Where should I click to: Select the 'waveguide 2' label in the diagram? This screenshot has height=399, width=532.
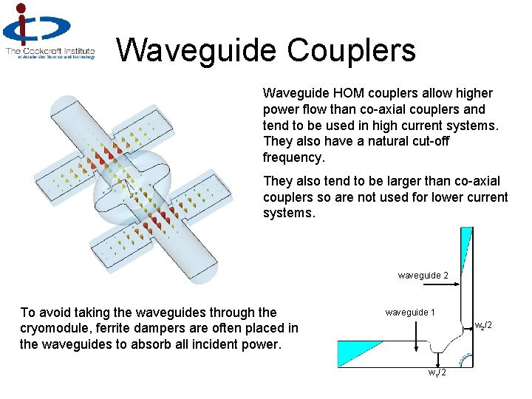[423, 276]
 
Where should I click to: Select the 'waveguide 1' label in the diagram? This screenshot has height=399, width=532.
[410, 313]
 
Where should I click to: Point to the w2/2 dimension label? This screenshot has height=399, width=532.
[485, 325]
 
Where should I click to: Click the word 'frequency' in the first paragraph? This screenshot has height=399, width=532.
[293, 157]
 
